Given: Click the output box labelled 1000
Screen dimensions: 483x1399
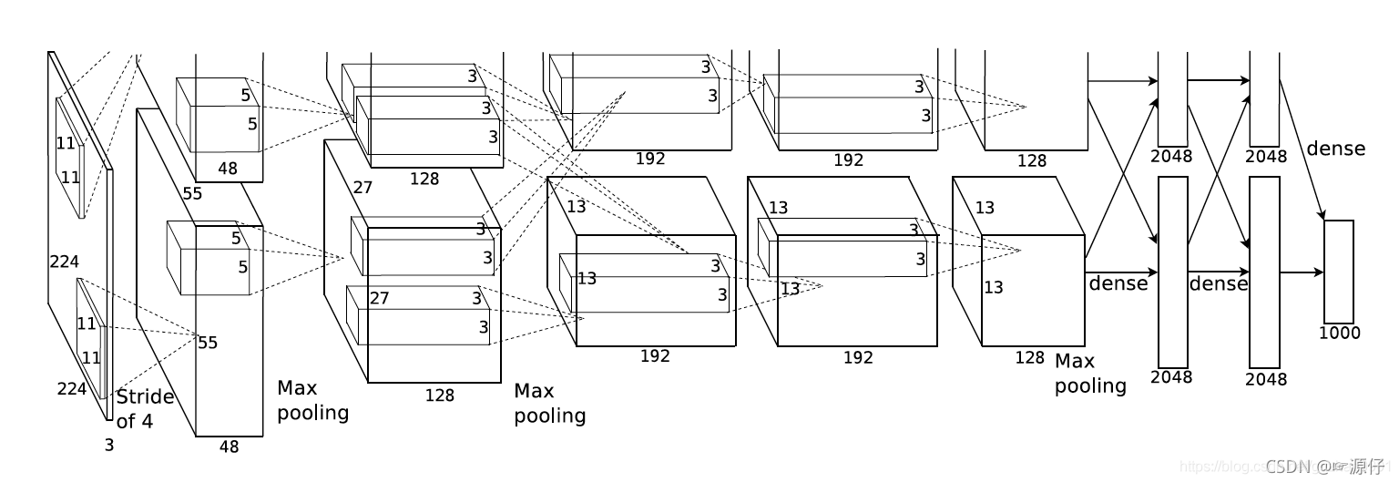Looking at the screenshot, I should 1338,271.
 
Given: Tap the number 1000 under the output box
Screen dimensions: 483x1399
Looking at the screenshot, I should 1339,333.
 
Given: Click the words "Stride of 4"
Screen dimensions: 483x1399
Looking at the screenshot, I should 145,408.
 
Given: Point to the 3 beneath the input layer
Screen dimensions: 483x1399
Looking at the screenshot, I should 109,445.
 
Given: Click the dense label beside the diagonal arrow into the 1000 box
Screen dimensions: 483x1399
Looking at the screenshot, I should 1335,148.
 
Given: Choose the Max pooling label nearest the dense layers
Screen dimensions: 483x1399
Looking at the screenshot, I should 1090,374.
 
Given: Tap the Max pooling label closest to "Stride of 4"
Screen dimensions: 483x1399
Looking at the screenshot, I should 312,400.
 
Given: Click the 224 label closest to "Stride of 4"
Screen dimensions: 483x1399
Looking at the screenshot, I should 71,389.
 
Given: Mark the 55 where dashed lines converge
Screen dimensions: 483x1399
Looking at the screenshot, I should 208,343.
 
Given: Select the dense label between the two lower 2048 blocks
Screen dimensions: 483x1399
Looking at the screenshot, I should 1218,283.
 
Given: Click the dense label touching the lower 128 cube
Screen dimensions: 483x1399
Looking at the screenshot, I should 1118,283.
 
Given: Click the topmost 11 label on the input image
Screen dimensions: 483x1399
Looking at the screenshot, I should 66,143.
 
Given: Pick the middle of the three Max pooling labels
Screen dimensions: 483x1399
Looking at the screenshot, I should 549,403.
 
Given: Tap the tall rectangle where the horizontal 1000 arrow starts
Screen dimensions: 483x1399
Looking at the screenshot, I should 1264,272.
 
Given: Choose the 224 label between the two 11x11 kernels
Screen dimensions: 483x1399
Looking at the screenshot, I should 64,262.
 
